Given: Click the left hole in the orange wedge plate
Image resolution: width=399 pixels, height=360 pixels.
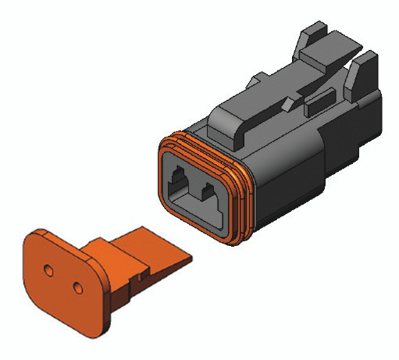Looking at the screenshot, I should (49, 271).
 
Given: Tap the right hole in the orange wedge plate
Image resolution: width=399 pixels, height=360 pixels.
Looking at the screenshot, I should (77, 288).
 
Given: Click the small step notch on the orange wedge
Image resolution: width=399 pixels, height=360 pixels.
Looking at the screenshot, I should (141, 275).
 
